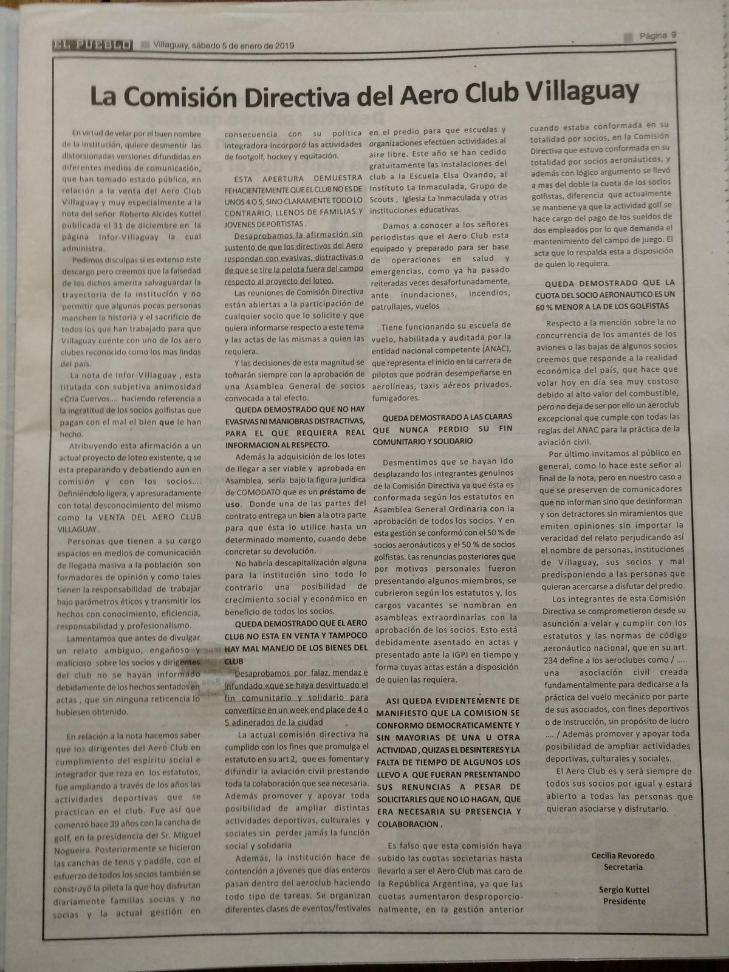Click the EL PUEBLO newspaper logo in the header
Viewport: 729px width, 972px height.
pos(92,44)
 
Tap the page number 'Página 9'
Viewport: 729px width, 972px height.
pos(657,35)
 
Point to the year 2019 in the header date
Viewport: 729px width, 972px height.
pos(283,45)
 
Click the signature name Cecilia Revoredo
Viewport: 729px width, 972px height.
pos(623,855)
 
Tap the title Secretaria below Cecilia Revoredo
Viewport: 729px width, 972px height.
pos(623,867)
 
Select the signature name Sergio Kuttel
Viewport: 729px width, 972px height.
pos(624,889)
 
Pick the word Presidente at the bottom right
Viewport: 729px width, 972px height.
pos(624,901)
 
